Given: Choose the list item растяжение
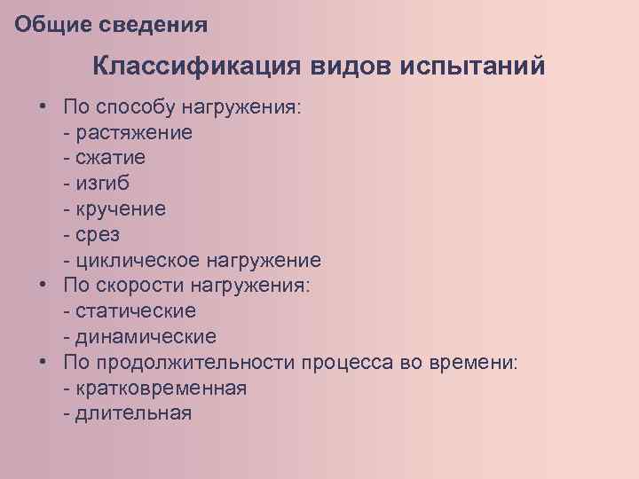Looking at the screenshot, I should coord(135,133).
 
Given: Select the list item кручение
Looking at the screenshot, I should coord(121,210).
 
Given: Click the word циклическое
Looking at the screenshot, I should coord(138,262).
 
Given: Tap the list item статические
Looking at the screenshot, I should coord(136,312).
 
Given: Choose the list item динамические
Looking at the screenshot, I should coord(146,338).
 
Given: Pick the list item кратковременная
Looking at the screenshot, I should coord(161,389).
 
